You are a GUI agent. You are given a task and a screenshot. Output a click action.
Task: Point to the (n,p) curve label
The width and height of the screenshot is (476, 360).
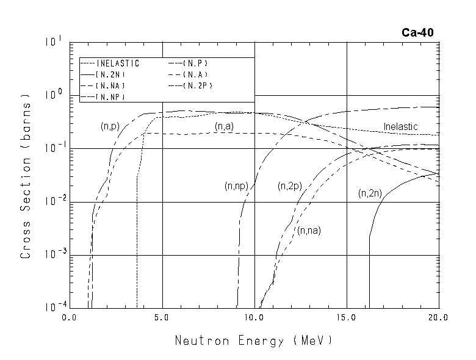(109, 126)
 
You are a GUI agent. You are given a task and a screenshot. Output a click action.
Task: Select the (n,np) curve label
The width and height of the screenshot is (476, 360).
(236, 185)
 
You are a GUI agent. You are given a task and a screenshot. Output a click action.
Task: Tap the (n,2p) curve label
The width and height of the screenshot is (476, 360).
(289, 185)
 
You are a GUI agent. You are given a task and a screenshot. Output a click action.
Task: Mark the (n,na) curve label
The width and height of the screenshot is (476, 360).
(309, 230)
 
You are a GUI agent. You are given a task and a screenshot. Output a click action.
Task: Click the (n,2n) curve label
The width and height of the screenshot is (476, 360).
(370, 193)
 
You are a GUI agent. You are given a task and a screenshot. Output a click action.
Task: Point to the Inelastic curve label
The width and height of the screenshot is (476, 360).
(400, 126)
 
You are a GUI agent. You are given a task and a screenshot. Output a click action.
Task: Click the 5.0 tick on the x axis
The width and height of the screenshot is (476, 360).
(162, 318)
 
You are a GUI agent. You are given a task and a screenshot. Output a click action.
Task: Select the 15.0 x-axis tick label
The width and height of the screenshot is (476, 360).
(346, 318)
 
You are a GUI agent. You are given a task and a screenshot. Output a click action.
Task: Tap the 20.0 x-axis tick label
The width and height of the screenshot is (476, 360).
(438, 318)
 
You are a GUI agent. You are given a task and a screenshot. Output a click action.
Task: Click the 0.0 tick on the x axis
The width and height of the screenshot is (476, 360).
(69, 318)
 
